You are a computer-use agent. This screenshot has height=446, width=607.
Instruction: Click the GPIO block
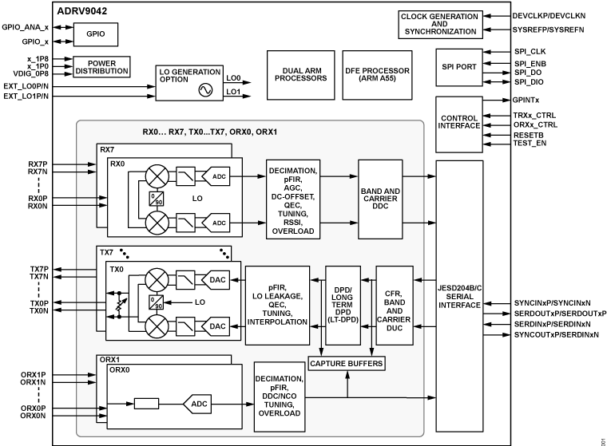[95, 34]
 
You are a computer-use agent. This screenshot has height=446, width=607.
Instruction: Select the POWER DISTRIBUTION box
[101, 68]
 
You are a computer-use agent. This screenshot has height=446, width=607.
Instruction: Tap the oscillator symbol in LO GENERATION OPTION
[206, 91]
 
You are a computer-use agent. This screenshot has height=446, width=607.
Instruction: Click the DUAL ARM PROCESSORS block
[296, 73]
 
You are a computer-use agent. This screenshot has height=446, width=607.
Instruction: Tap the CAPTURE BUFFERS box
[346, 363]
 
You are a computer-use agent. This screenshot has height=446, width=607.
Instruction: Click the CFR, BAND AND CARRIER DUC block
[397, 305]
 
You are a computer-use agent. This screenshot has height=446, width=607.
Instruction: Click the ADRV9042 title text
[83, 11]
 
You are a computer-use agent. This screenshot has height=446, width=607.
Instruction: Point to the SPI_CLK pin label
[530, 51]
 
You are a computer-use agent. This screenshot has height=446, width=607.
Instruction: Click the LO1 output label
[233, 93]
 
